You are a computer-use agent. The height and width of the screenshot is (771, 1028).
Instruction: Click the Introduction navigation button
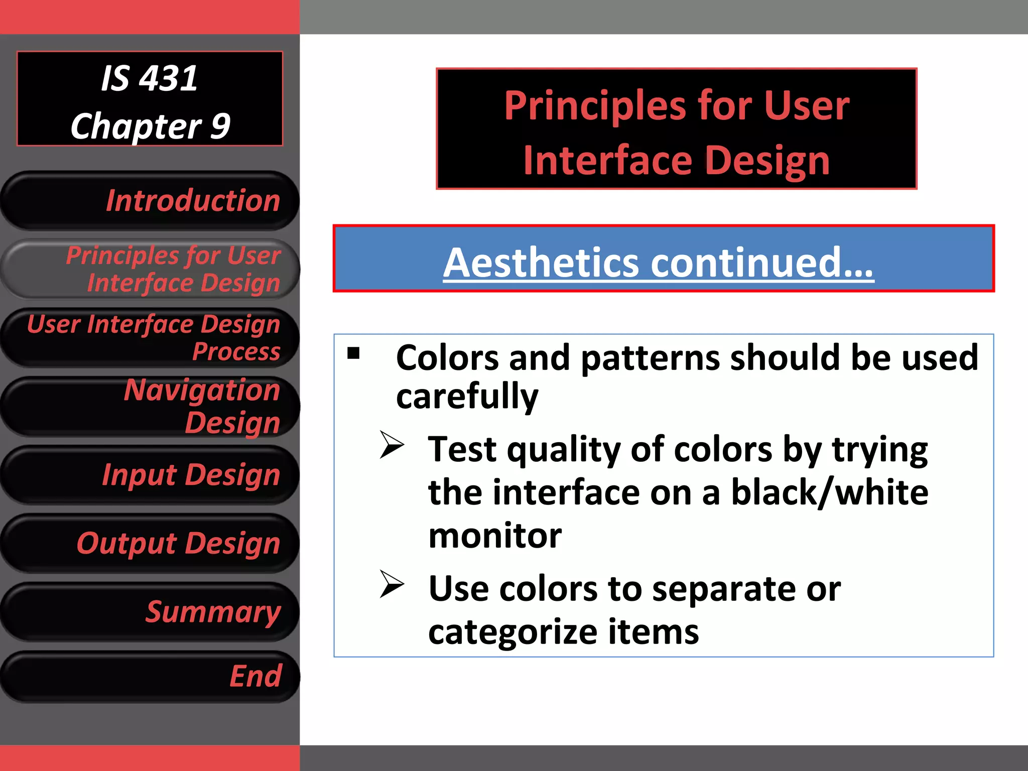(151, 201)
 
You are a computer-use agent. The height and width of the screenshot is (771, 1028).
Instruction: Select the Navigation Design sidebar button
(151, 406)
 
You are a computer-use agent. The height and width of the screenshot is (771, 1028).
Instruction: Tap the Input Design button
(151, 475)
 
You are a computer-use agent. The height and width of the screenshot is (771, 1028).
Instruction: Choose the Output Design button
(151, 543)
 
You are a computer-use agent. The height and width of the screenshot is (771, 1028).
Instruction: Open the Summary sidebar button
(151, 612)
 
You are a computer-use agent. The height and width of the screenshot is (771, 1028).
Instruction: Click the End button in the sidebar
(151, 676)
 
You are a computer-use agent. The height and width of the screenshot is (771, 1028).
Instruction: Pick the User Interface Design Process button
(151, 337)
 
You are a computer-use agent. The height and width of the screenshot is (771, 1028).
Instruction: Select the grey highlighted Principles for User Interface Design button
(151, 269)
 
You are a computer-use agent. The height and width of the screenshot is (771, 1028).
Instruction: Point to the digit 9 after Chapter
(220, 125)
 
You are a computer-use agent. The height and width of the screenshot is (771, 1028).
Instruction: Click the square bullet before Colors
(353, 353)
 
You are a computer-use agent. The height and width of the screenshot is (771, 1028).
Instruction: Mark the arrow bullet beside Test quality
(392, 445)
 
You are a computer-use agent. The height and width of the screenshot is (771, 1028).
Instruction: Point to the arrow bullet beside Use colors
(392, 584)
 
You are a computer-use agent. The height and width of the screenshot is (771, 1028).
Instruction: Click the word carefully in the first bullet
(467, 397)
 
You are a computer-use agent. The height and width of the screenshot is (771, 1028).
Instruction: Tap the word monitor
(495, 536)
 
